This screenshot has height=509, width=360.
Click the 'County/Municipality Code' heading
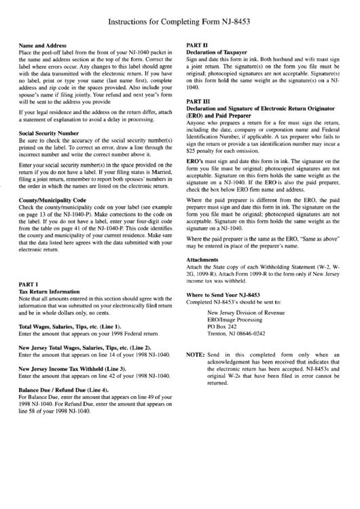(52, 200)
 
